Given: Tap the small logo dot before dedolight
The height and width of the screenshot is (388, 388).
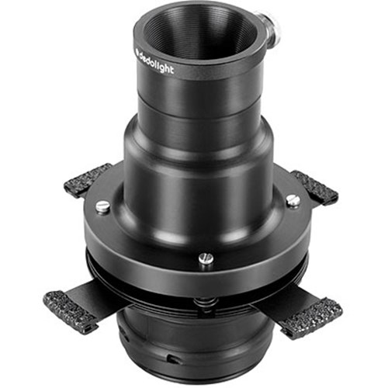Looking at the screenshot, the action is pyautogui.click(x=137, y=50).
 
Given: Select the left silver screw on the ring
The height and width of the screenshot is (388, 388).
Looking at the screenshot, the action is pyautogui.click(x=103, y=207).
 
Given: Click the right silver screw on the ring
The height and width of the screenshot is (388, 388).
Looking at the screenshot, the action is pyautogui.click(x=293, y=200).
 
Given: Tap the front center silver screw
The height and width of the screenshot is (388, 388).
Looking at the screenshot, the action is pyautogui.click(x=206, y=258).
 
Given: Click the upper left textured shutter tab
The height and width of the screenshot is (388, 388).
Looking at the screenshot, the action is pyautogui.click(x=88, y=179).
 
